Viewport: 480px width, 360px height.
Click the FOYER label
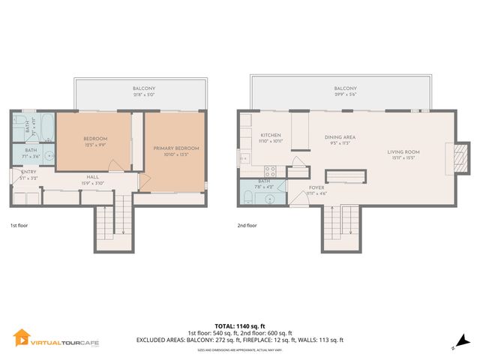(x=316, y=189)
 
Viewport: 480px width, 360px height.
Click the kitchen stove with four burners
(x=271, y=170)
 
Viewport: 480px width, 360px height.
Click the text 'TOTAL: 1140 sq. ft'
(x=239, y=325)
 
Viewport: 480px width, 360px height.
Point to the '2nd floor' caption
(x=247, y=225)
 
